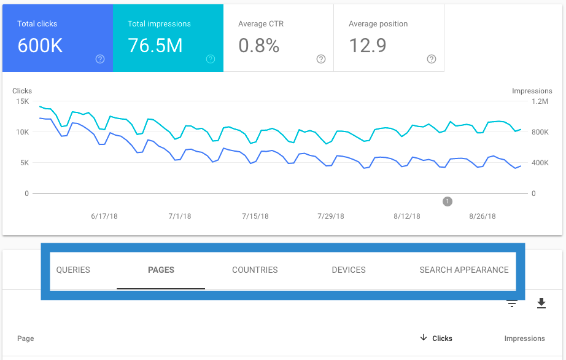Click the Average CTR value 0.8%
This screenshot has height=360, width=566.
(258, 45)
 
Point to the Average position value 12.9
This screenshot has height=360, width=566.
(367, 45)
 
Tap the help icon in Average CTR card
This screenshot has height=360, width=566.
(321, 59)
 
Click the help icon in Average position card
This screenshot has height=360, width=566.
(432, 59)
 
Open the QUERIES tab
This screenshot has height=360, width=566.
(73, 270)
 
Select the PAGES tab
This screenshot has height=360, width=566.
(161, 270)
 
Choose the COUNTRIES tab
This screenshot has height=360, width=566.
(255, 270)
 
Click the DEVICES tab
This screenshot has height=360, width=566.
(348, 270)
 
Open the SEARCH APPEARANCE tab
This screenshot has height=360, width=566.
(463, 270)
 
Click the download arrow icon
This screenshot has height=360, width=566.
(541, 303)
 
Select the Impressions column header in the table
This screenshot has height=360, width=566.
(524, 338)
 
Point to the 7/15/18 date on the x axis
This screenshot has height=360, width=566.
(255, 216)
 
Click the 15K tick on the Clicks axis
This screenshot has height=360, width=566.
(23, 101)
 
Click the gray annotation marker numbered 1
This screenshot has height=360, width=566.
(448, 202)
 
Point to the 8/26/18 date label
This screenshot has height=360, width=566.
(482, 216)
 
